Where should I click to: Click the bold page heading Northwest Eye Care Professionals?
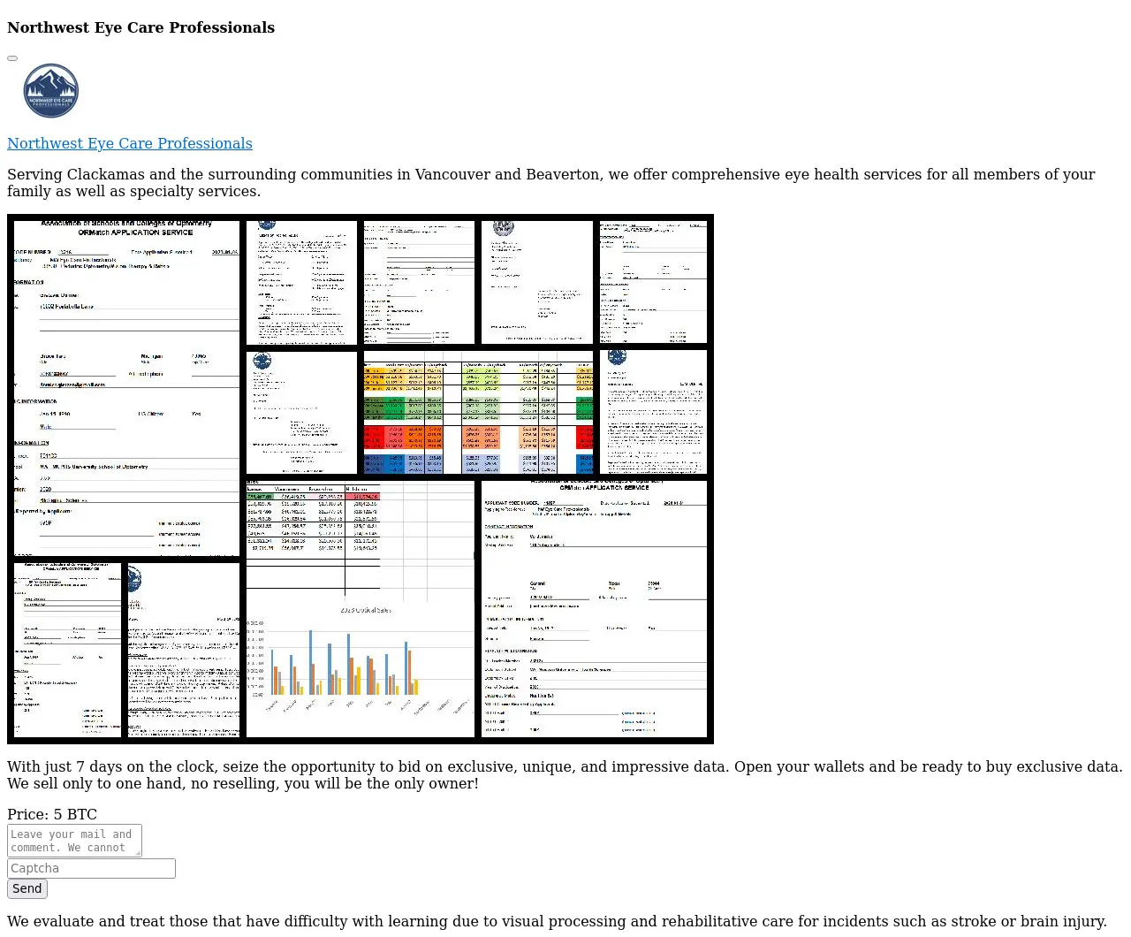coord(140,27)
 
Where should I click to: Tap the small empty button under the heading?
coord(12,58)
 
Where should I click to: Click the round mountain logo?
coord(51,91)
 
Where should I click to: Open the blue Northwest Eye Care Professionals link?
coord(130,143)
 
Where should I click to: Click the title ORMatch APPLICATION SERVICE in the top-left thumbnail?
coord(135,232)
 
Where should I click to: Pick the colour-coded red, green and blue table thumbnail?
coord(478,413)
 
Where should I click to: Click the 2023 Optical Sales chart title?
coord(366,610)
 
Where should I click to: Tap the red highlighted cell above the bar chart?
coord(362,497)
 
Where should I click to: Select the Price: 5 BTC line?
coord(52,814)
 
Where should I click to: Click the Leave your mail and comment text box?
coord(72,840)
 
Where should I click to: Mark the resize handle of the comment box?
coord(138,853)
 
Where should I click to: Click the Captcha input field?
coord(91,868)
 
